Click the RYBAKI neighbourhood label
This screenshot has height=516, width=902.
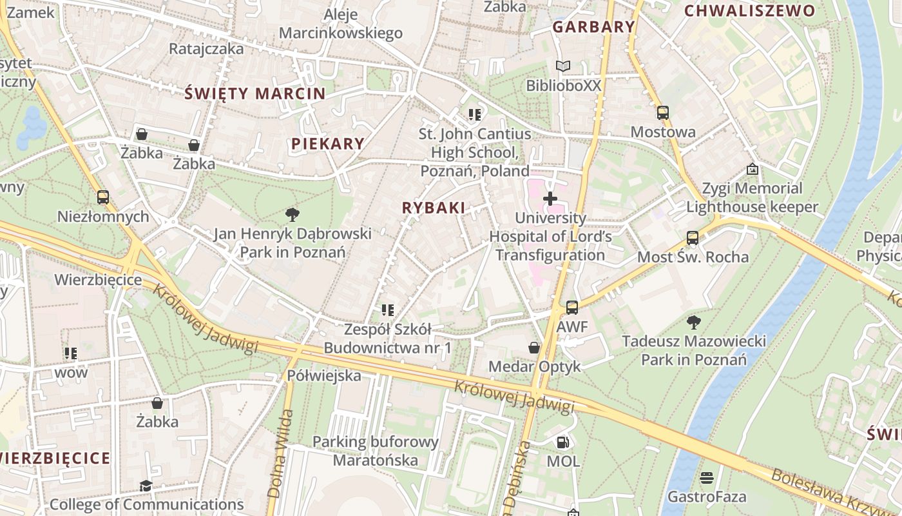point(433,208)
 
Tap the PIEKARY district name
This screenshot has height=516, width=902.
point(327,144)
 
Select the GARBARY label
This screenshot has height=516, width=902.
point(593,27)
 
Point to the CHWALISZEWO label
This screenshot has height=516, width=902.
point(749,10)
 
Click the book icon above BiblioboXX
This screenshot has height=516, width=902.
point(563,66)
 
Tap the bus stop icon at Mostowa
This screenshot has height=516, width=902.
point(663,113)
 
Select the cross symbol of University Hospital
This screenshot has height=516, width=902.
point(550,199)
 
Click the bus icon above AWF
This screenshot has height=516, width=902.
point(572,308)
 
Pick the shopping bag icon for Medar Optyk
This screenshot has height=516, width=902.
point(534,348)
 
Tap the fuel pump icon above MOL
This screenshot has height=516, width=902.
point(562,442)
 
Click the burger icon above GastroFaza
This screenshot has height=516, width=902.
point(707,478)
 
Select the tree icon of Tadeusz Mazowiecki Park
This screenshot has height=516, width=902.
point(693,322)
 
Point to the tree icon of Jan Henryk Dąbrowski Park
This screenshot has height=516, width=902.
point(293,214)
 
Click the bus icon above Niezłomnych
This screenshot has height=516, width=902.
point(103,197)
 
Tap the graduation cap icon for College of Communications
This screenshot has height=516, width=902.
point(146,486)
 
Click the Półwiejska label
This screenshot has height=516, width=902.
point(324,375)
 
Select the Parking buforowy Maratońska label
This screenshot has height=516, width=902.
point(376,451)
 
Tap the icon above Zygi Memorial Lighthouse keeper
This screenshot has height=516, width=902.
point(752,169)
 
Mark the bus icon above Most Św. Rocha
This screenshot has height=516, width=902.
point(693,238)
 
